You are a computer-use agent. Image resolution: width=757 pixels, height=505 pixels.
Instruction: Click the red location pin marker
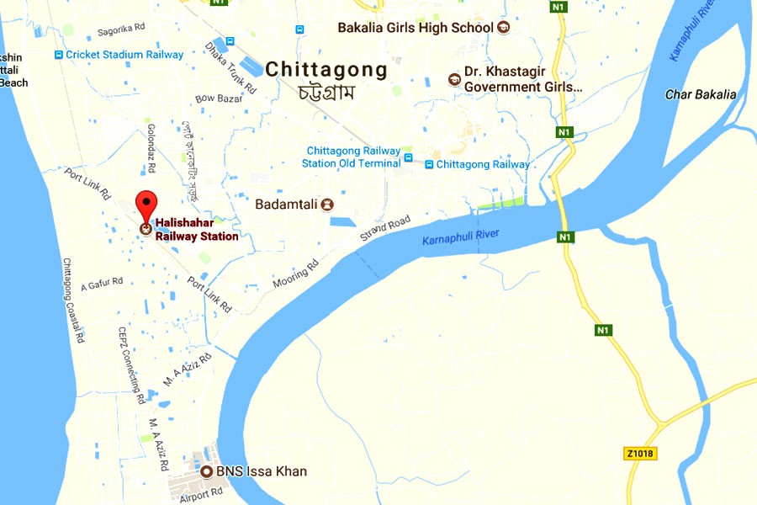click(x=147, y=204)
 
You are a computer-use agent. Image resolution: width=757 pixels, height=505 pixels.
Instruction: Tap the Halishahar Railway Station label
click(x=196, y=230)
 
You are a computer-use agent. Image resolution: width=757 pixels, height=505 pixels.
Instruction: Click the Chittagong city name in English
click(x=326, y=71)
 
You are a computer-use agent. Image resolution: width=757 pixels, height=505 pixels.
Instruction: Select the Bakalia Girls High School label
click(x=415, y=28)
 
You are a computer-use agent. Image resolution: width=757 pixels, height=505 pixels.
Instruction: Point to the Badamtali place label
click(x=289, y=204)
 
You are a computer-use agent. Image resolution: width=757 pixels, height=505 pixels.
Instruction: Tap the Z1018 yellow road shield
click(x=640, y=454)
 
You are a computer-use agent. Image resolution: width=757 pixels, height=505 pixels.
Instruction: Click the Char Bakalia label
click(x=701, y=94)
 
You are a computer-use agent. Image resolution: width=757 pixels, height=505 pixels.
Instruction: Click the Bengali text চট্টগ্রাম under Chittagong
click(x=326, y=92)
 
